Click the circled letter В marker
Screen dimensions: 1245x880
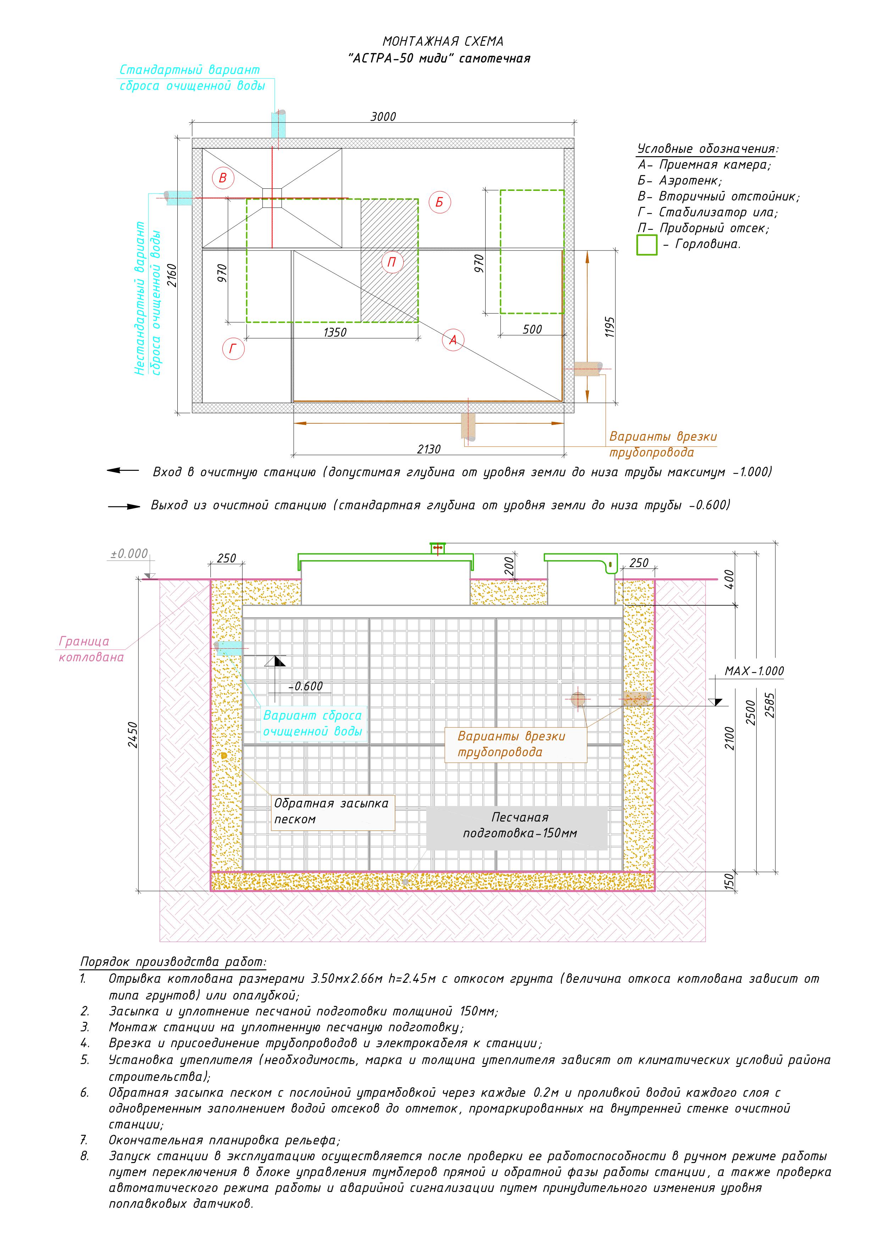coord(222,178)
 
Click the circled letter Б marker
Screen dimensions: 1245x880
coord(439,202)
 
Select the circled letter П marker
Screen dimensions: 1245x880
coord(392,263)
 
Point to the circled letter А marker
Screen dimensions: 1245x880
coord(453,340)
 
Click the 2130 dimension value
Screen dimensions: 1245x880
coord(428,449)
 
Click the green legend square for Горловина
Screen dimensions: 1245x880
coord(646,244)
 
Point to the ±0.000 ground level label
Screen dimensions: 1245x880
coord(129,553)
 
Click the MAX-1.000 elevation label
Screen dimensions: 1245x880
coord(754,671)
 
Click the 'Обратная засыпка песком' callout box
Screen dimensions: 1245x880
coord(332,812)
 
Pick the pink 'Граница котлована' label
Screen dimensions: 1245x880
coord(91,649)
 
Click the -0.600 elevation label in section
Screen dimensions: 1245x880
coord(307,686)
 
